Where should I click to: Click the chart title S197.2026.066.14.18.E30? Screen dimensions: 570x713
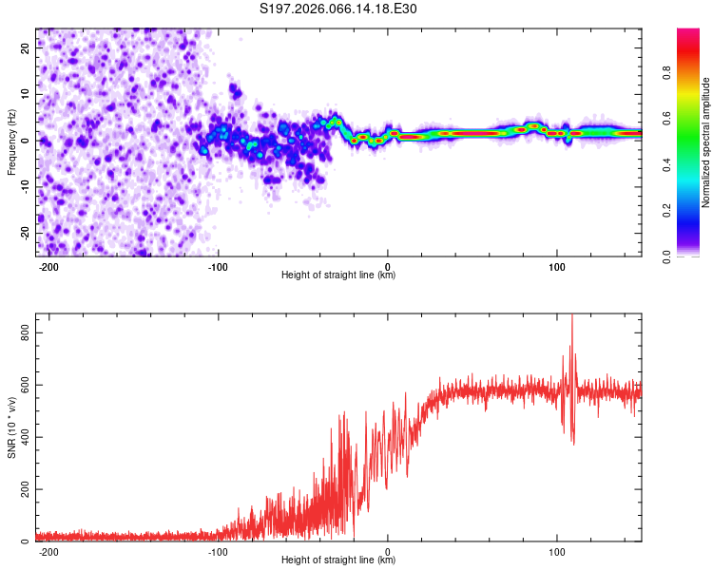click(x=338, y=9)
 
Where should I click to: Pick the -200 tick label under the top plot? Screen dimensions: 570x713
click(x=48, y=265)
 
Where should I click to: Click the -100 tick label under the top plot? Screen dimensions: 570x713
click(x=218, y=265)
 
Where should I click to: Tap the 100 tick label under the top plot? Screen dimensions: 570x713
click(x=557, y=265)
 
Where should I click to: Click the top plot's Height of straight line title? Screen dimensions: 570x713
click(x=338, y=275)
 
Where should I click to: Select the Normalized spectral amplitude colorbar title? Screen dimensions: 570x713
click(x=705, y=142)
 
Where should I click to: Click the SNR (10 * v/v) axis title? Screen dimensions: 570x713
click(x=12, y=427)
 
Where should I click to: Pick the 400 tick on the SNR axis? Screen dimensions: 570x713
click(x=23, y=437)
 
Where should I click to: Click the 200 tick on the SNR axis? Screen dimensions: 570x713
click(x=23, y=489)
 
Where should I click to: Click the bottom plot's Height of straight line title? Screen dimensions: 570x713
click(x=338, y=560)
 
